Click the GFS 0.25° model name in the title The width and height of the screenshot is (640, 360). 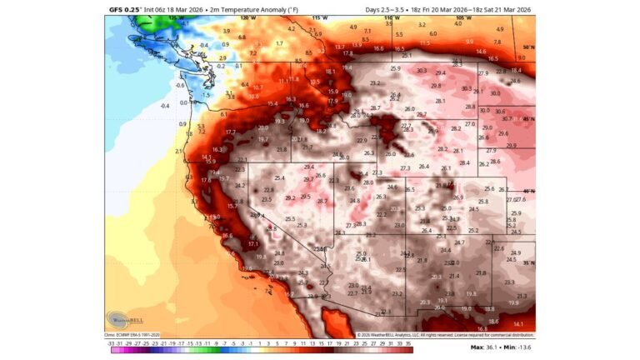pyautogui.click(x=126, y=10)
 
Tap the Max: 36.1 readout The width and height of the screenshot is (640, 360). pyautogui.click(x=487, y=346)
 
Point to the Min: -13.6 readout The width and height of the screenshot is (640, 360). pyautogui.click(x=520, y=346)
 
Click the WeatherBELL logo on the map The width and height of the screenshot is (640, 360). pyautogui.click(x=124, y=319)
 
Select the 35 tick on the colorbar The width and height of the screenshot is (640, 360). pyautogui.click(x=409, y=342)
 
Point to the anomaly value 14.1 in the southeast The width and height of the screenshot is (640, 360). pyautogui.click(x=517, y=323)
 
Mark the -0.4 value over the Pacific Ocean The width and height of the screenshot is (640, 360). pyautogui.click(x=164, y=106)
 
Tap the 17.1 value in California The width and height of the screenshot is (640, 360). pyautogui.click(x=253, y=243)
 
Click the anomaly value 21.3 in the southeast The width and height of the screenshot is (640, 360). pyautogui.click(x=522, y=296)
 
